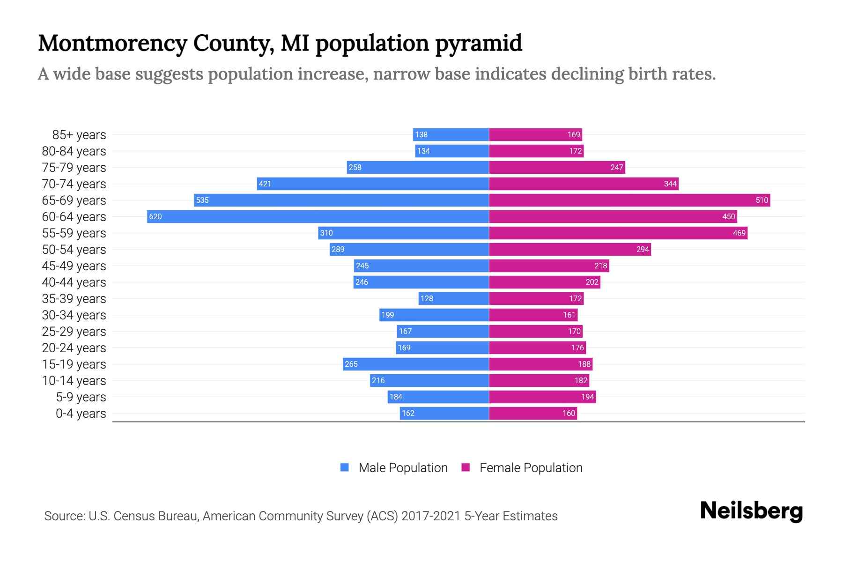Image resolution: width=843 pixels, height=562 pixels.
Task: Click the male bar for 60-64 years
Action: pos(318,216)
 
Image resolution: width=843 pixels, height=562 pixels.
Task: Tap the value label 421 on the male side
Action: pos(265,184)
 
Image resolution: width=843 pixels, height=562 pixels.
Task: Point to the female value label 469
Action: pos(739,233)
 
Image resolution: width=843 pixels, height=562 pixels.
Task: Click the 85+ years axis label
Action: pos(79,134)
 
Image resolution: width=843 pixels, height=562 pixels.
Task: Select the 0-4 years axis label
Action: pos(81,413)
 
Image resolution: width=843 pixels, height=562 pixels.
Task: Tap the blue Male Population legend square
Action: pos(345,467)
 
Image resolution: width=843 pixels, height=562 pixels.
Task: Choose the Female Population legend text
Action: pos(531,467)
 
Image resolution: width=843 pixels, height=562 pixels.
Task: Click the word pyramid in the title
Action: pos(478,43)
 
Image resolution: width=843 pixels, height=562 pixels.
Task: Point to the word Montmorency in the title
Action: pos(112,43)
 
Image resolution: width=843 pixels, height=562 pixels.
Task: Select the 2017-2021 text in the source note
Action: pos(431,516)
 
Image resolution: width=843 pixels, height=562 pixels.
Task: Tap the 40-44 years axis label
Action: pos(74,282)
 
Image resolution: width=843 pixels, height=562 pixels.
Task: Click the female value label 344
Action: pos(670,184)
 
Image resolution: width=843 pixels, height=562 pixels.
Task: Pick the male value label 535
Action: pos(202,200)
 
